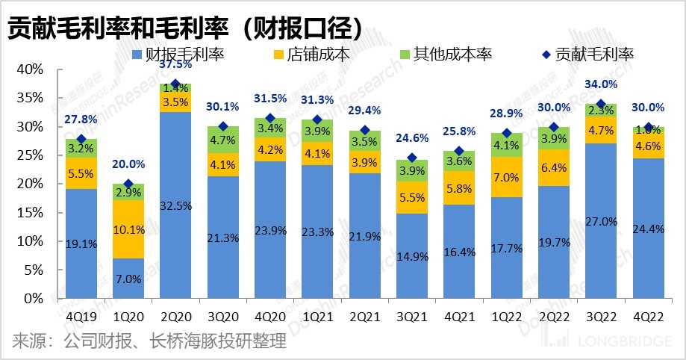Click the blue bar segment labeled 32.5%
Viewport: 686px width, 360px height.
(x=176, y=205)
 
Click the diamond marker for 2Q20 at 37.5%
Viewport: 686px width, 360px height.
(x=176, y=84)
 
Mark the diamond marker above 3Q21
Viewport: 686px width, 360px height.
(x=413, y=158)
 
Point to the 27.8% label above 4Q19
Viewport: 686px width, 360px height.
(x=81, y=120)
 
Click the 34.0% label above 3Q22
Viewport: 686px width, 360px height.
(x=602, y=84)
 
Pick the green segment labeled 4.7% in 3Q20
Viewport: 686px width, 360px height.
(x=223, y=140)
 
